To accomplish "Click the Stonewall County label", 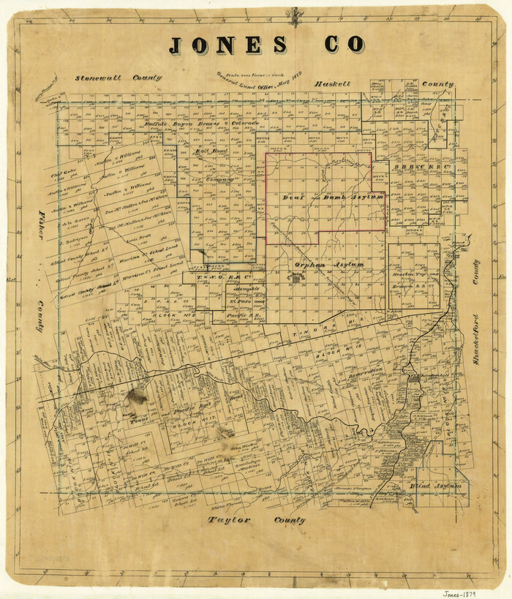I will [118, 77].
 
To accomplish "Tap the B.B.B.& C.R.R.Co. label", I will [420, 167].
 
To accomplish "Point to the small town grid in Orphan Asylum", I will [295, 278].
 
